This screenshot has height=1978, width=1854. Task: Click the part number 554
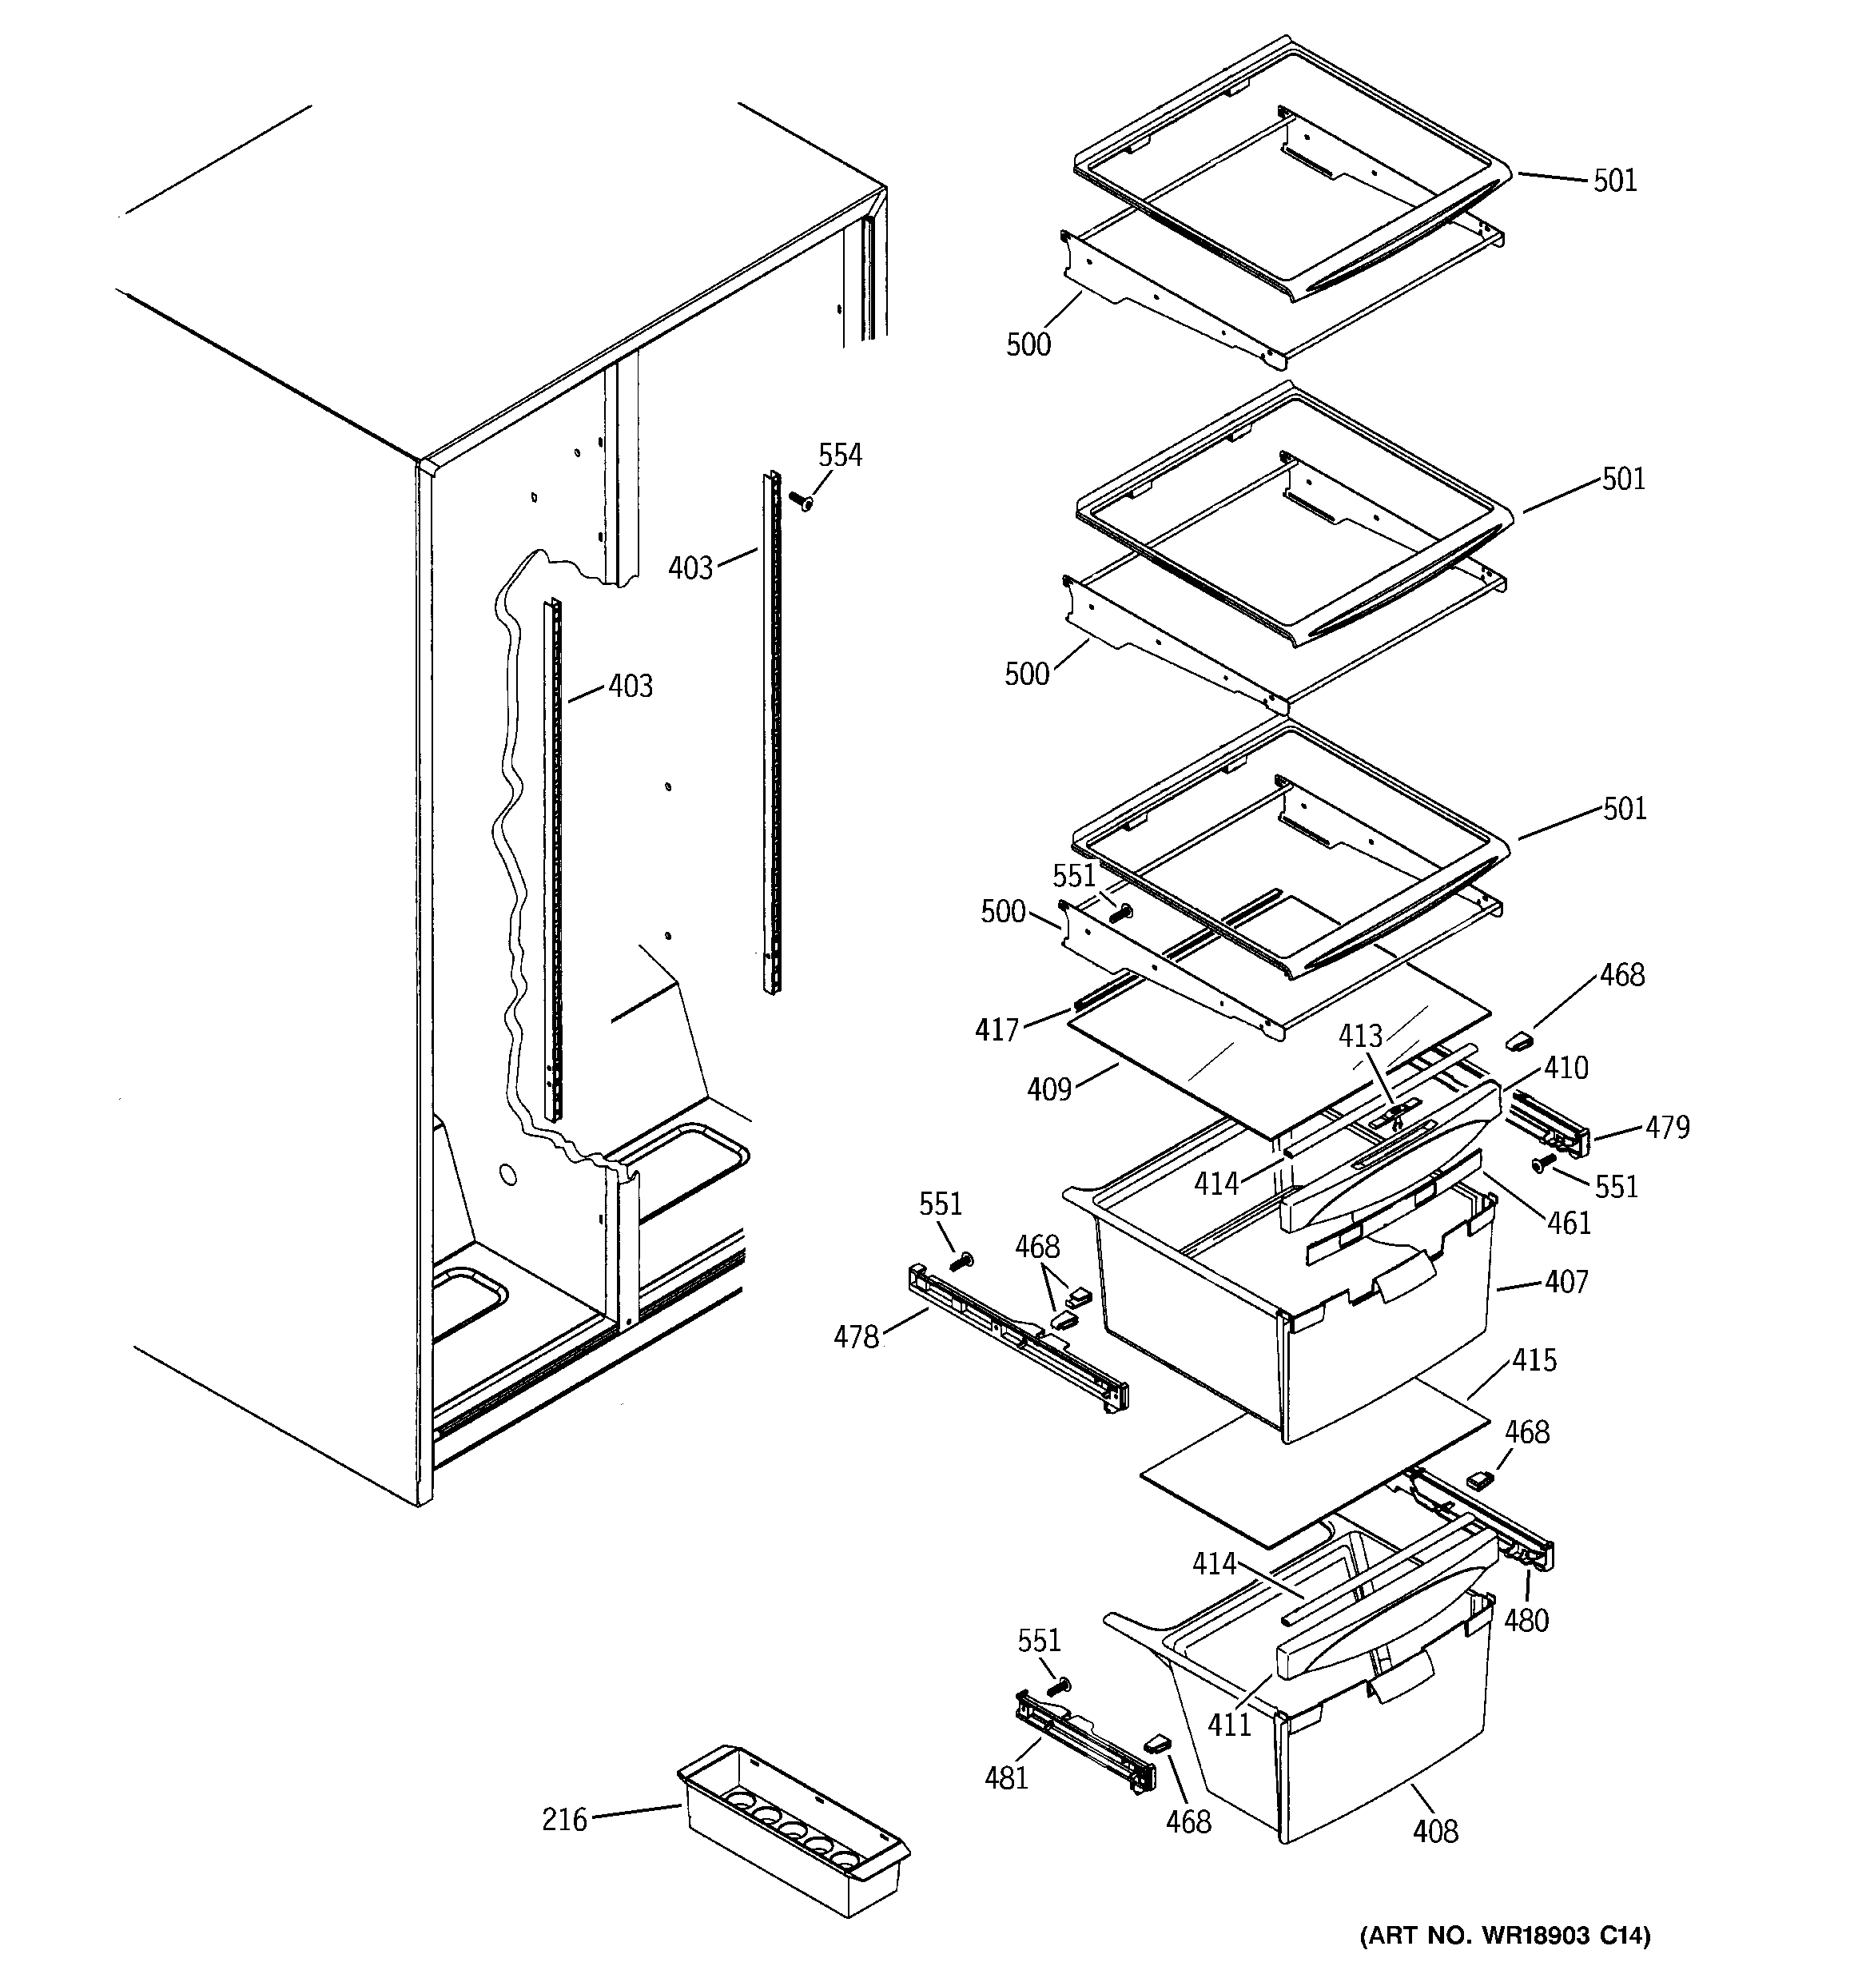[x=839, y=456]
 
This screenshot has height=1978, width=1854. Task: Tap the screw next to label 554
[x=800, y=500]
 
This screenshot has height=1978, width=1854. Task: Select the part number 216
[x=564, y=1820]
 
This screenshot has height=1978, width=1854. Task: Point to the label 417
[x=997, y=1030]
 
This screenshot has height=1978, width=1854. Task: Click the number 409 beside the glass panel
[x=1049, y=1090]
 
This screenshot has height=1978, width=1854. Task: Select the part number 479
[x=1667, y=1128]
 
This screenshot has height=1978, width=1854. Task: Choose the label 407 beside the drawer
[x=1566, y=1283]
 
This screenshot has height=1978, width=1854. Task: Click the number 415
[x=1534, y=1360]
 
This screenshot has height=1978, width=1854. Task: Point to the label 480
[x=1526, y=1621]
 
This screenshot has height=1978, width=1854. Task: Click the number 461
[x=1570, y=1223]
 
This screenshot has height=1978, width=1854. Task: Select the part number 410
[x=1566, y=1069]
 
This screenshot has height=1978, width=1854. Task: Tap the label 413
[x=1359, y=1037]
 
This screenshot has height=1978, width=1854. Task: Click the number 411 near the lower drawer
[x=1229, y=1725]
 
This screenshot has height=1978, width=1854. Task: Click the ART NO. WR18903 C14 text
[x=1505, y=1935]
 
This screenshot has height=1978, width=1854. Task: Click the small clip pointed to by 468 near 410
[x=1518, y=1041]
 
